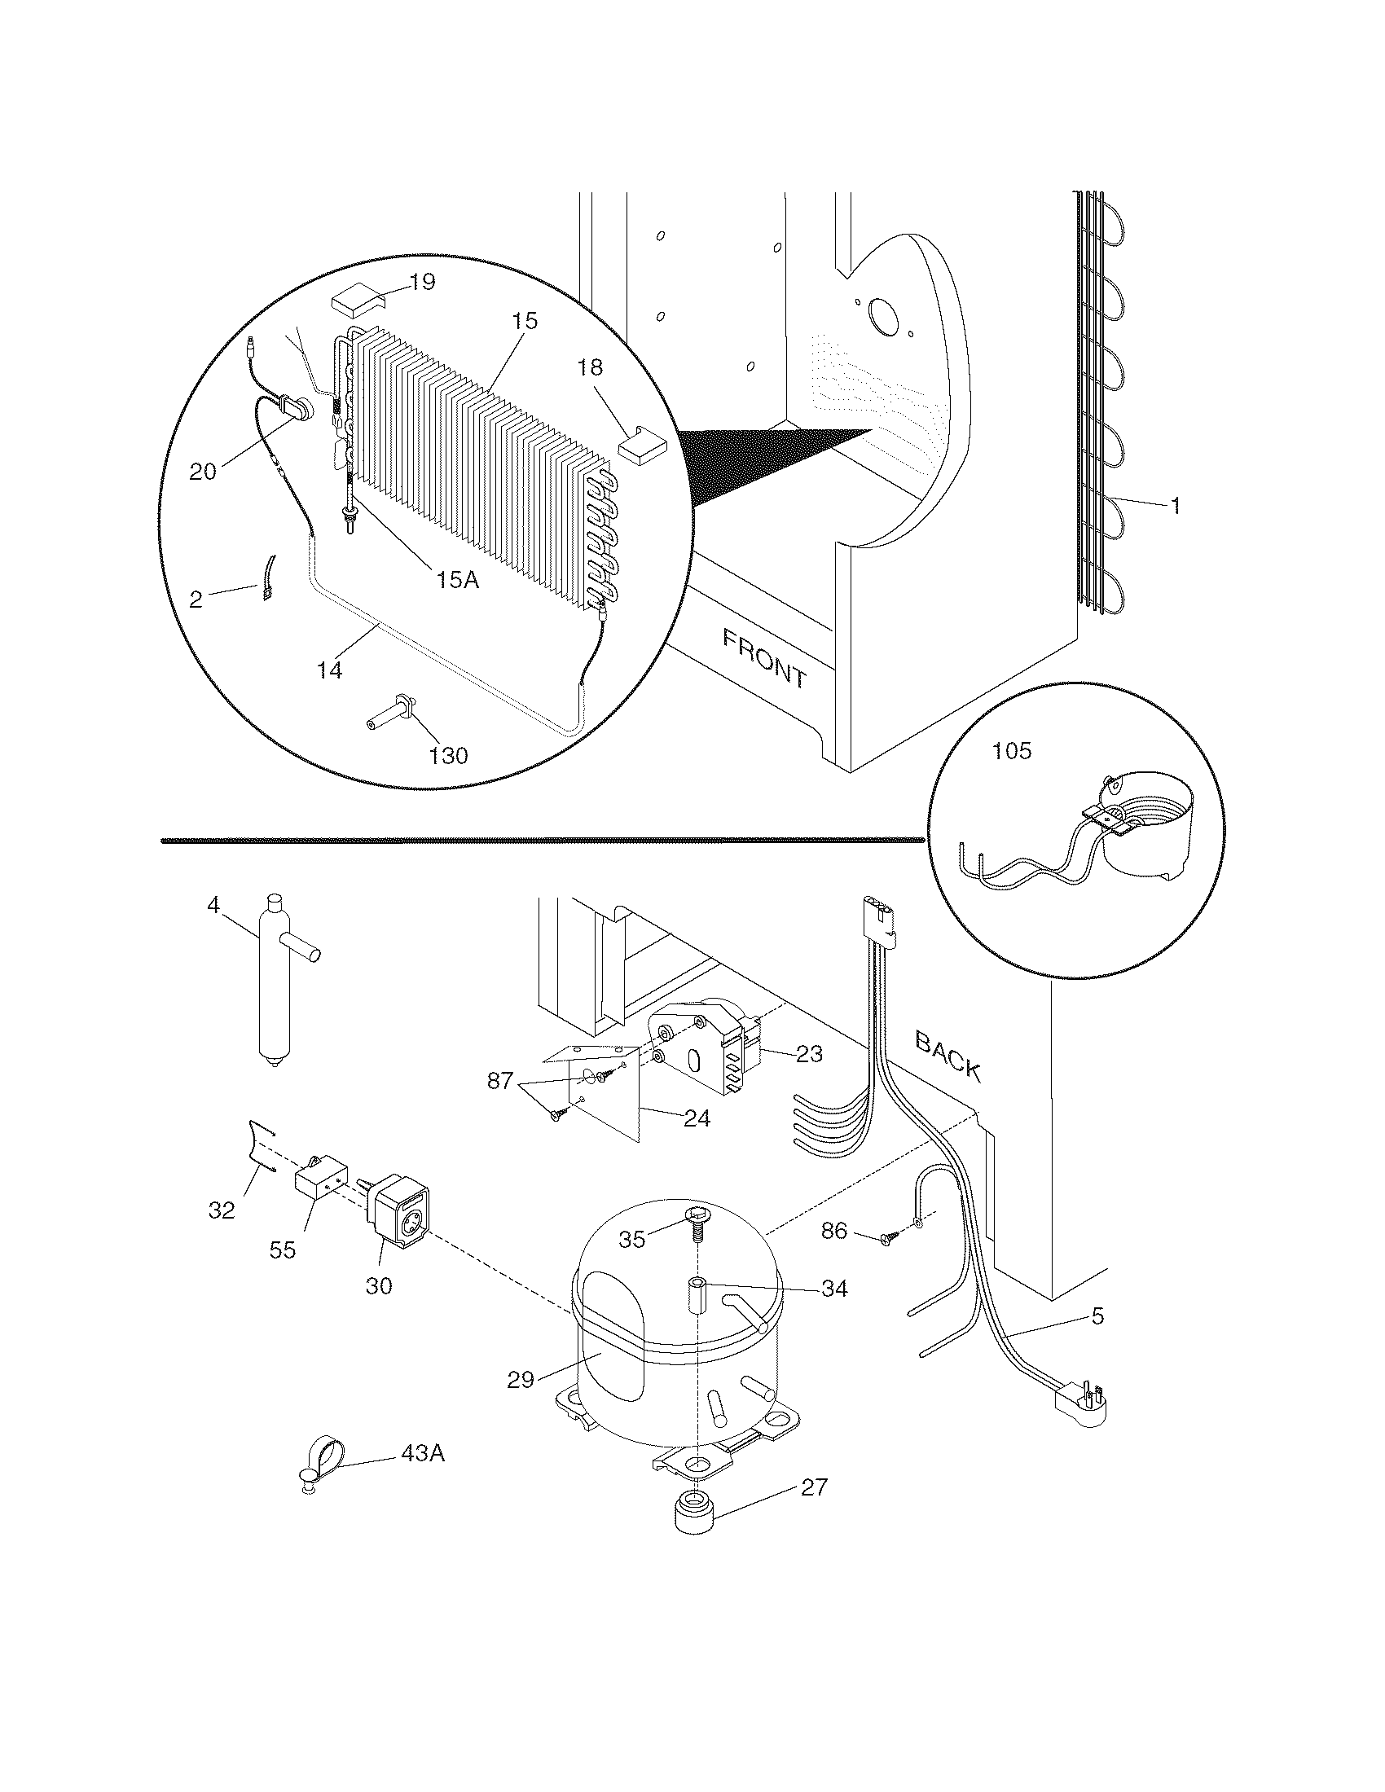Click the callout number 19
pos(422,283)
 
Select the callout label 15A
pos(458,579)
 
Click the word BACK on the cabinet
pos(948,1056)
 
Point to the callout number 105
pos(1012,751)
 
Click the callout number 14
pos(329,670)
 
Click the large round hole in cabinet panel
pos(883,317)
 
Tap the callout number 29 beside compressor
pos(521,1380)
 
